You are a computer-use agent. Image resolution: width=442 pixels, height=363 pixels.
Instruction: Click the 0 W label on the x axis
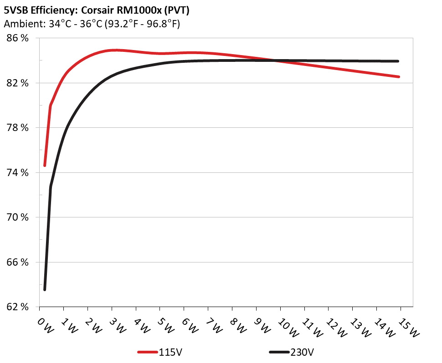[x=46, y=325]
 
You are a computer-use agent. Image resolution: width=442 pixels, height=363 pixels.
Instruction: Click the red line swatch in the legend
[x=148, y=352]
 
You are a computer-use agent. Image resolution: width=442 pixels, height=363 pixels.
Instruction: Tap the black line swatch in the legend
[x=279, y=352]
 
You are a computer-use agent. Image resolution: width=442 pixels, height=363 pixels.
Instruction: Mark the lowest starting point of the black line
[x=45, y=289]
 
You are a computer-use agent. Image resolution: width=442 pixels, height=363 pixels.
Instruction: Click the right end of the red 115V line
[x=399, y=77]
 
